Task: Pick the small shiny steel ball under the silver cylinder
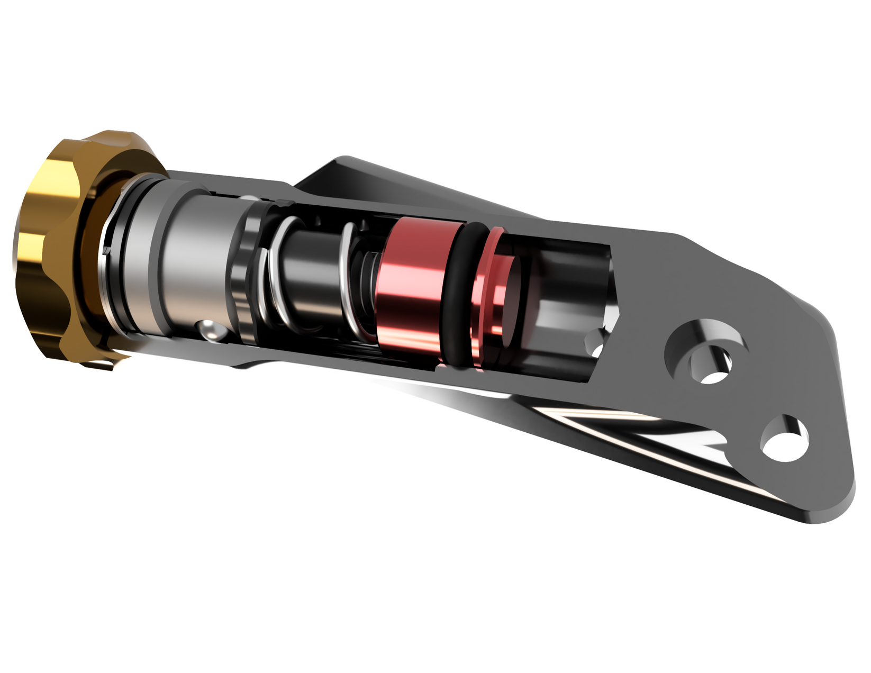point(212,330)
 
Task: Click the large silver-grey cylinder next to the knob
point(190,259)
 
